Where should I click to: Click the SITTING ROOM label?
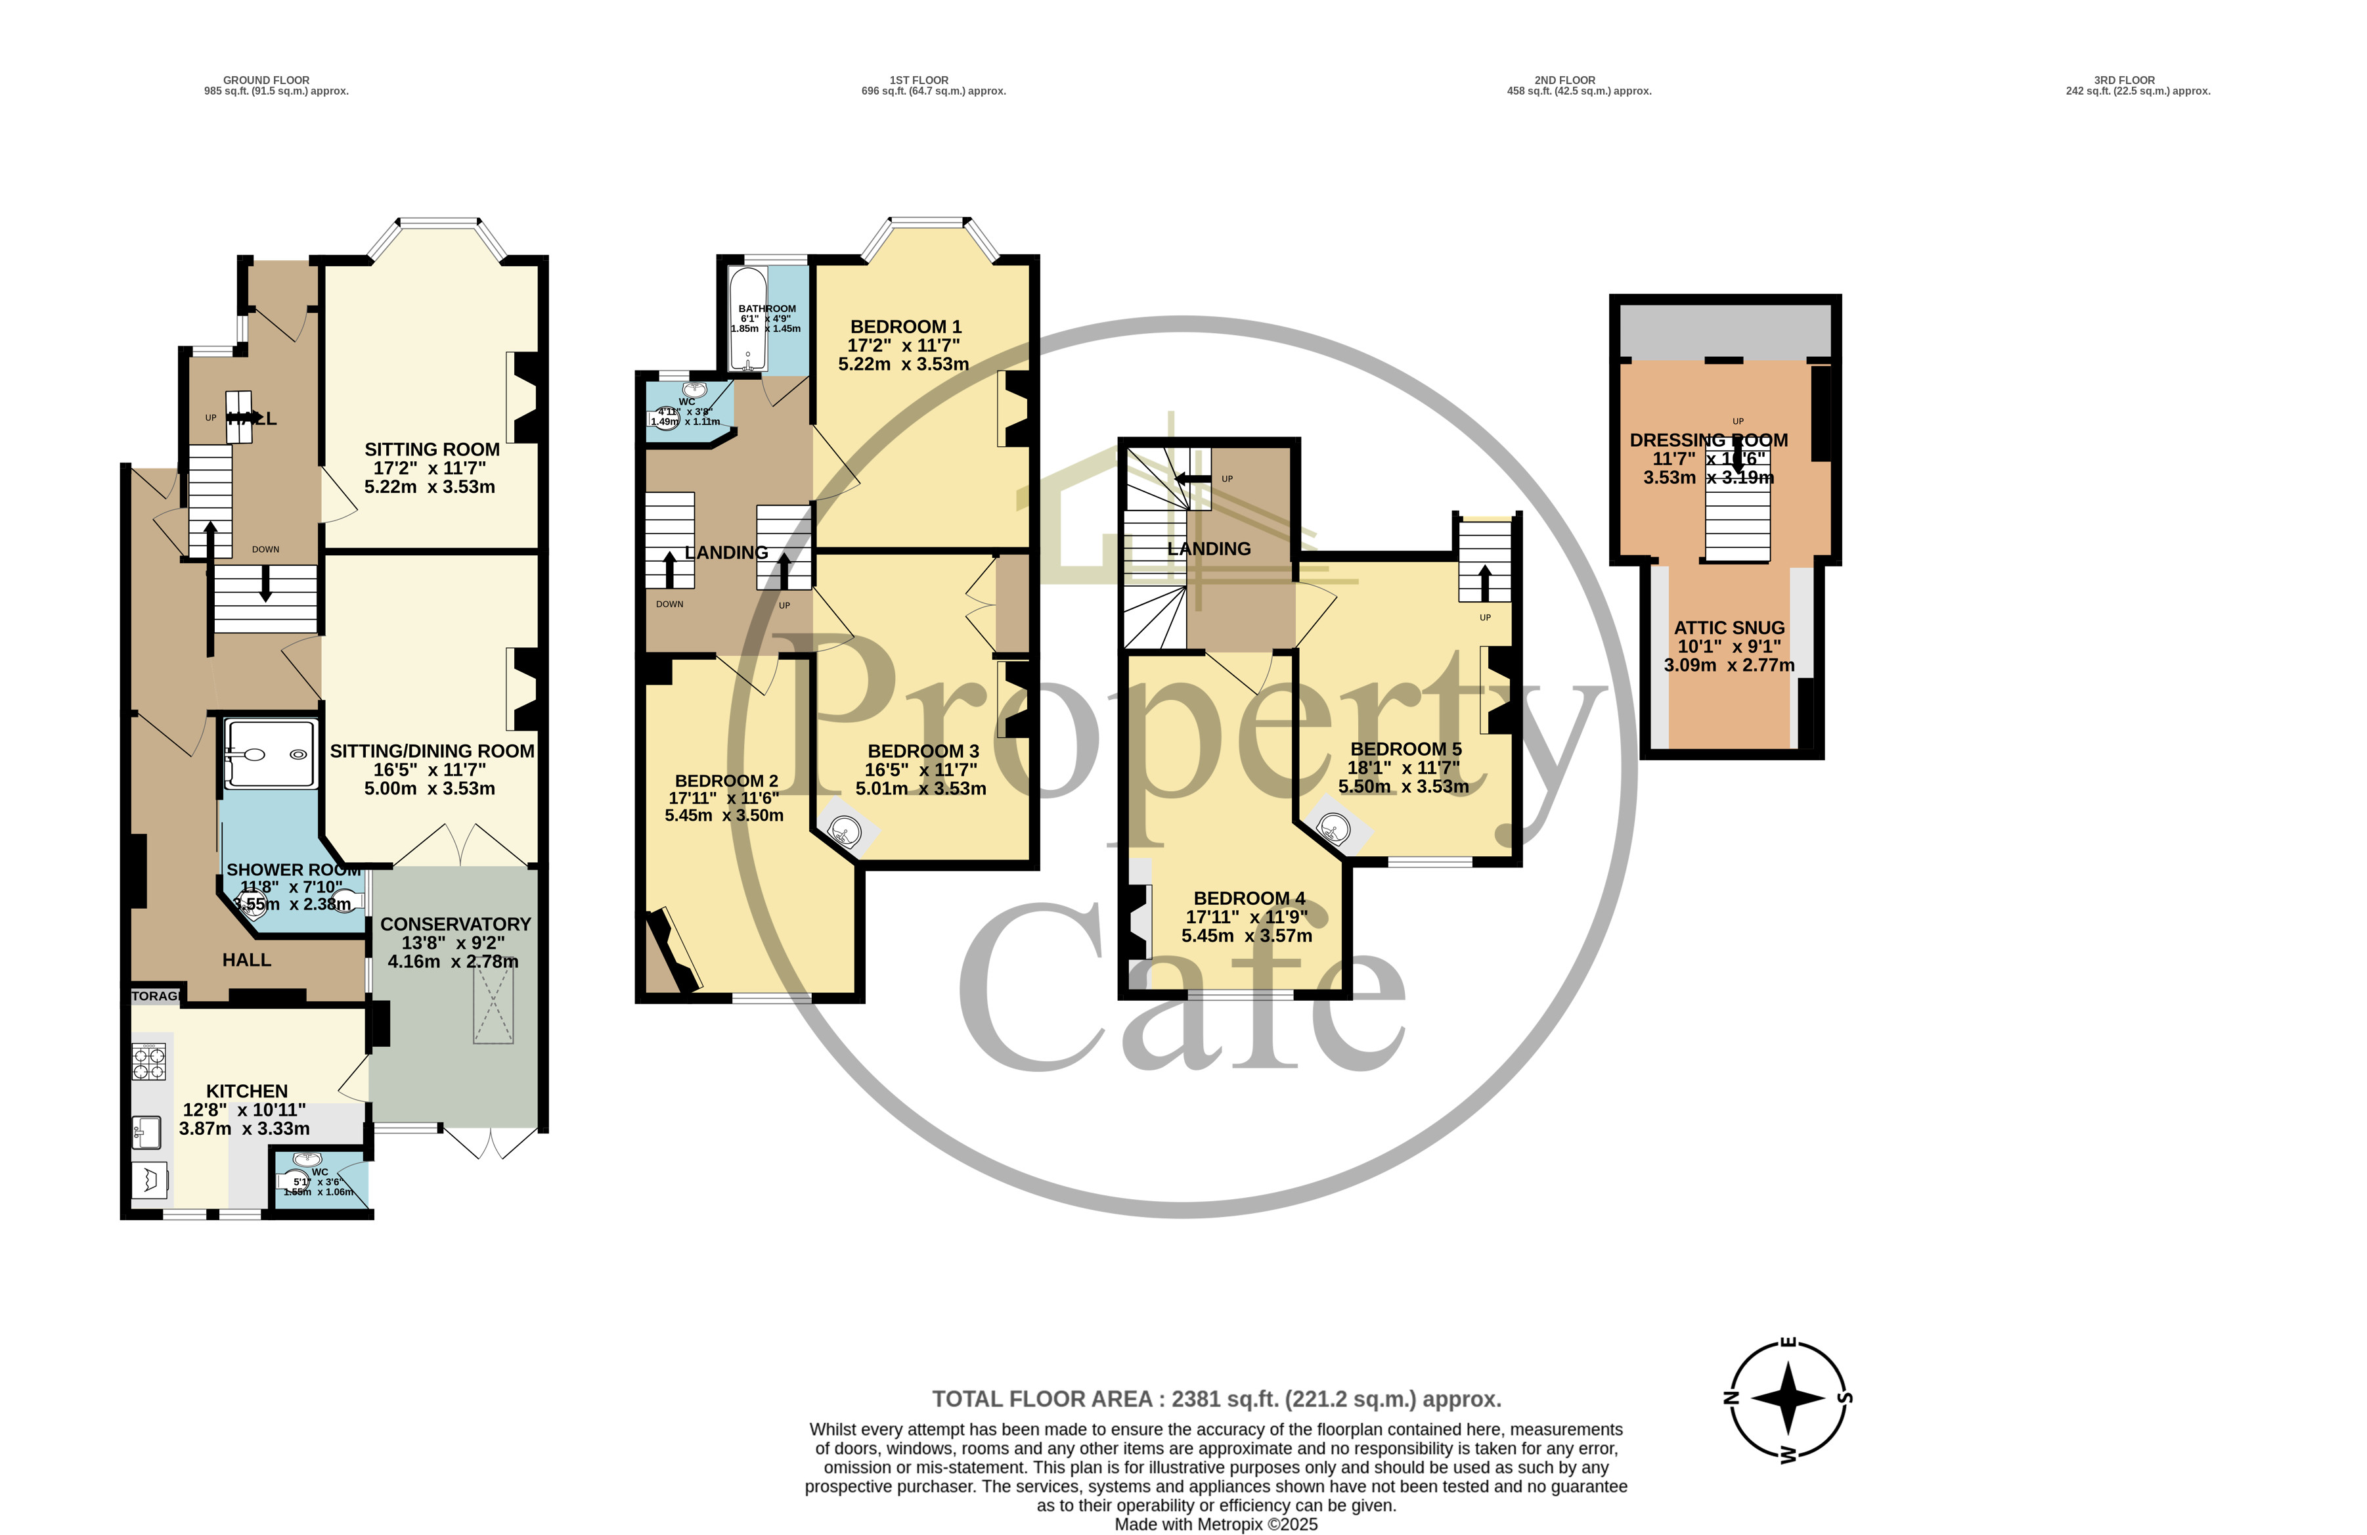coord(431,449)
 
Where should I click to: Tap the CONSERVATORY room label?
coord(456,924)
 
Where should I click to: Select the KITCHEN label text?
coord(247,1091)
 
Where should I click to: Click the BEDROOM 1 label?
coord(905,327)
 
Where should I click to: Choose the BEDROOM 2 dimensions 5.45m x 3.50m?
coord(724,815)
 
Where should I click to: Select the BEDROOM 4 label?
coord(1249,898)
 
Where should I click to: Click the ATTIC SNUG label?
coord(1729,628)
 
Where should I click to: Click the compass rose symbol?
coord(1787,1399)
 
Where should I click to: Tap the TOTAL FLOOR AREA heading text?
coord(1215,1399)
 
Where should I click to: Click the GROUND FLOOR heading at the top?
coord(265,80)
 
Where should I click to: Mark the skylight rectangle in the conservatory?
coord(493,1006)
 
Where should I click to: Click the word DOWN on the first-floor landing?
coord(669,604)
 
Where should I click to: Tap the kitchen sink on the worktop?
coord(146,1131)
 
